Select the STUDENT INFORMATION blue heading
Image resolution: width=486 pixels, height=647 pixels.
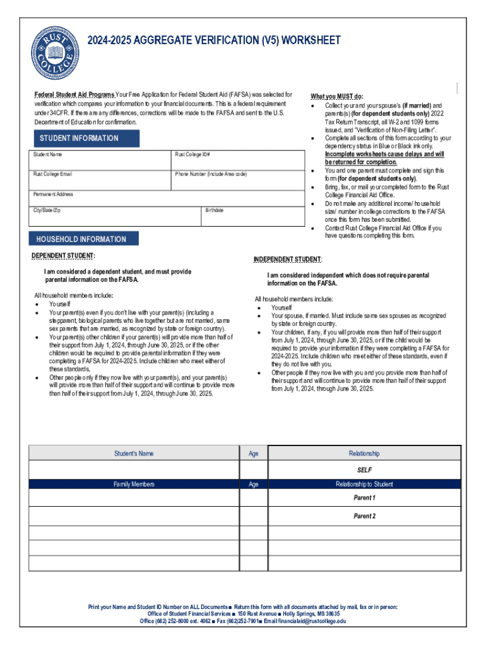[79, 138]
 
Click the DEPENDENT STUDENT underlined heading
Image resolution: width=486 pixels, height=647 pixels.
[64, 256]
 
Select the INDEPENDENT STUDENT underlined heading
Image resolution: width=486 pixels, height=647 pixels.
[288, 260]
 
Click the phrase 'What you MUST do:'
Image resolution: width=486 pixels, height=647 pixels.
[337, 96]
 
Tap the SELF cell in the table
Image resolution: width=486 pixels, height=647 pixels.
[364, 470]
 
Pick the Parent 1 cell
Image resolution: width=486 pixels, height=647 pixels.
[364, 498]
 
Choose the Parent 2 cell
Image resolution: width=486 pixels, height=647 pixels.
[364, 516]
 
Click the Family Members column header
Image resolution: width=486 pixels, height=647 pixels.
[133, 485]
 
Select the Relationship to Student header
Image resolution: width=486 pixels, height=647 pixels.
[364, 485]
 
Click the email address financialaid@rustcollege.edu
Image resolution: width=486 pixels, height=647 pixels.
[305, 621]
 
